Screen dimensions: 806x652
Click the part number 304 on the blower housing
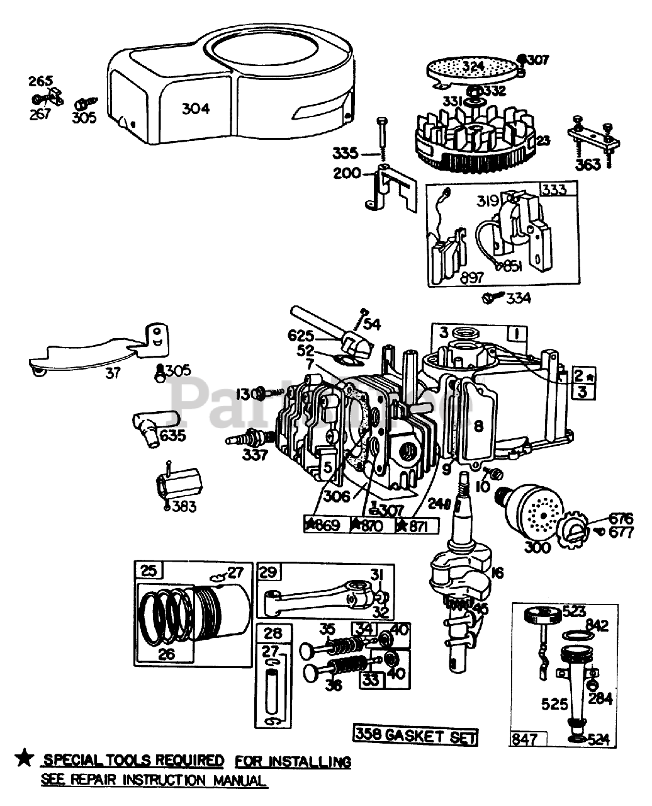point(196,109)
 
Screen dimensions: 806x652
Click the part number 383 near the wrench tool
point(184,507)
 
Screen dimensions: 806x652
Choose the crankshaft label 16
point(497,572)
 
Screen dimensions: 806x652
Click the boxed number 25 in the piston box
point(149,572)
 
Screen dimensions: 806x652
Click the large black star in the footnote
point(24,759)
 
